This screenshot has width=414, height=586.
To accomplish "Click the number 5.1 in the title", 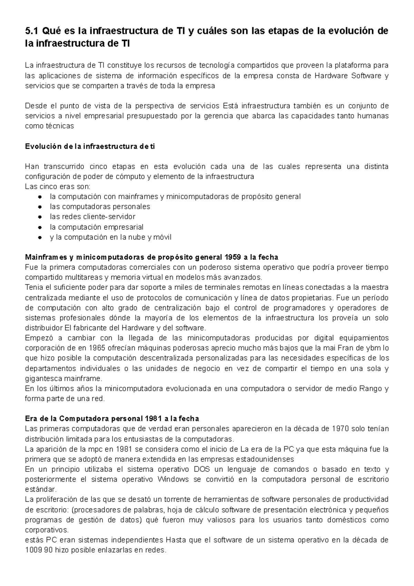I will click(32, 31).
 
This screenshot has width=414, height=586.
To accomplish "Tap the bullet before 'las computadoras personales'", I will click(40, 207).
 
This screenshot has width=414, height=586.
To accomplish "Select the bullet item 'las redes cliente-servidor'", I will click(92, 217).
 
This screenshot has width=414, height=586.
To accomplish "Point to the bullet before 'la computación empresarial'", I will click(40, 227).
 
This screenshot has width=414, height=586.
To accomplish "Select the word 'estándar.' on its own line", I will click(40, 489).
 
